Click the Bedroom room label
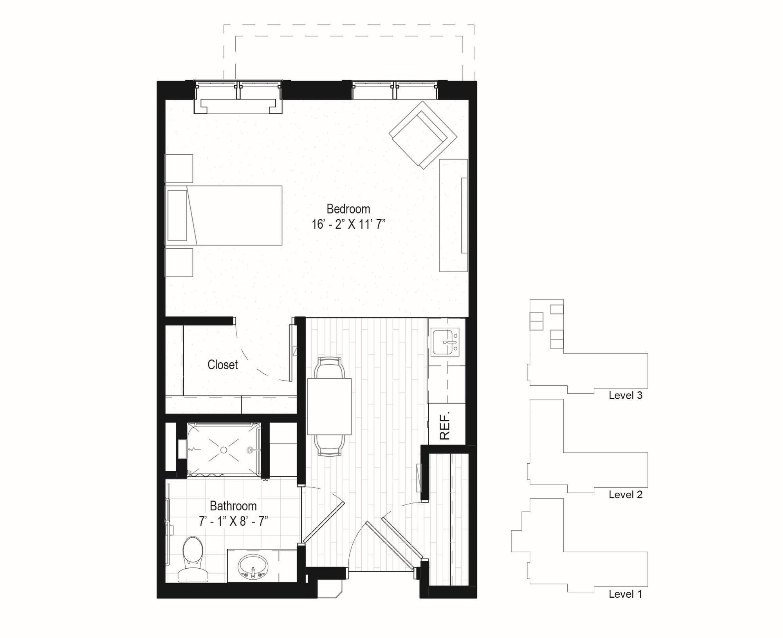[348, 209]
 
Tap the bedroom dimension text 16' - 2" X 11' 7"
[348, 224]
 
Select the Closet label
[222, 365]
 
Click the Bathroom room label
[233, 506]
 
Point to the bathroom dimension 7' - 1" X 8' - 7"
[233, 522]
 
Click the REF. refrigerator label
[445, 425]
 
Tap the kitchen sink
[445, 342]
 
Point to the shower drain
[224, 450]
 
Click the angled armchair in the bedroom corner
[423, 135]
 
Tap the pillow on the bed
[177, 215]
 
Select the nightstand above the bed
[179, 168]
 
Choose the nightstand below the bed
[179, 262]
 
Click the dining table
[329, 406]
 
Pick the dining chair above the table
[330, 367]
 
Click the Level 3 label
[625, 395]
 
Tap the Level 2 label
[625, 495]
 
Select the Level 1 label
[625, 594]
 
